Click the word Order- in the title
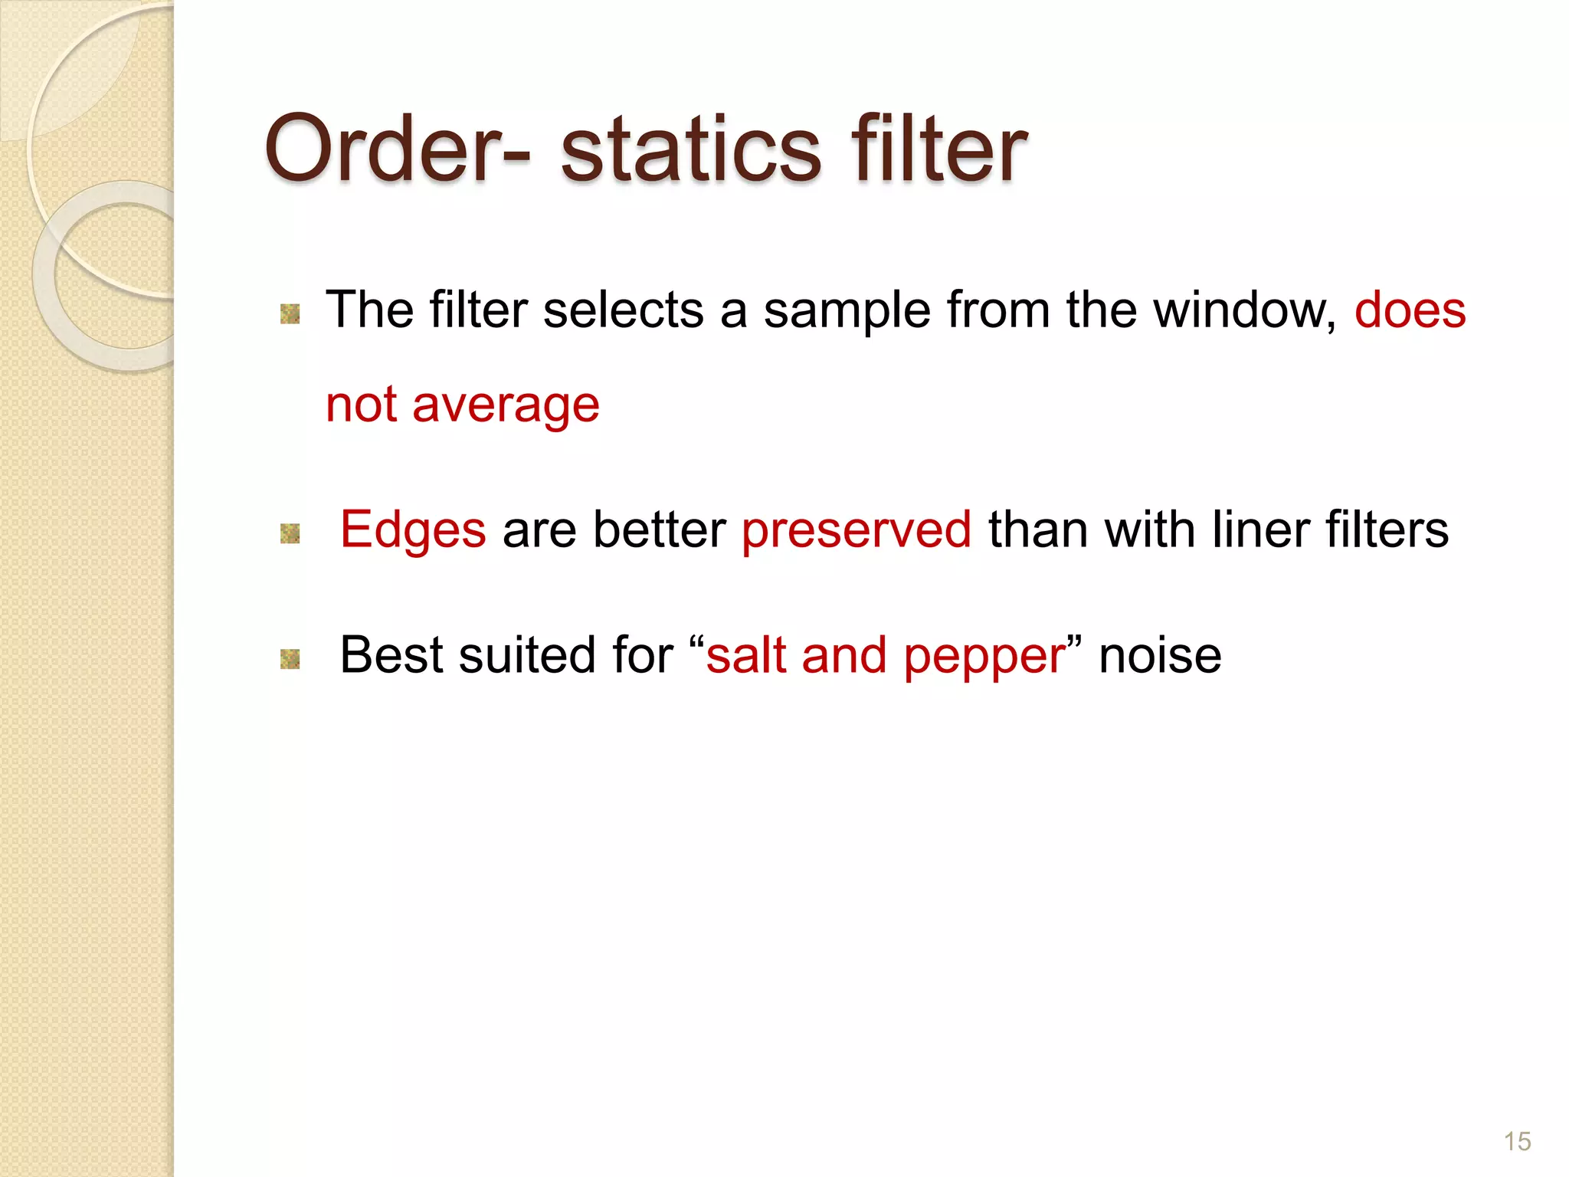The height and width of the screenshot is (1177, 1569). pyautogui.click(x=397, y=149)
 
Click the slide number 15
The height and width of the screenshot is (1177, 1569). pyautogui.click(x=1517, y=1141)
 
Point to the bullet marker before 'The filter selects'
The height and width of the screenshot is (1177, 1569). pyautogui.click(x=290, y=313)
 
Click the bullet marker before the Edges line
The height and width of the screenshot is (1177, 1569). pyautogui.click(x=290, y=533)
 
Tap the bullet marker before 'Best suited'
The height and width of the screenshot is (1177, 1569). pyautogui.click(x=290, y=658)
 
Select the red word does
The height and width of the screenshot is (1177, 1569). pyautogui.click(x=1410, y=310)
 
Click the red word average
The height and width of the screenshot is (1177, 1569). pyautogui.click(x=506, y=405)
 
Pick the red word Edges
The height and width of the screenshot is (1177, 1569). pyautogui.click(x=413, y=530)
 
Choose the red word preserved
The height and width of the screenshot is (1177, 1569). pyautogui.click(x=857, y=530)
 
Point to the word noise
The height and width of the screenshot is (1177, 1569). pyautogui.click(x=1160, y=656)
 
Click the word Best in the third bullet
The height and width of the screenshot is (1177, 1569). pyautogui.click(x=391, y=656)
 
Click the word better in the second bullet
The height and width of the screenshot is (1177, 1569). pyautogui.click(x=659, y=530)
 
